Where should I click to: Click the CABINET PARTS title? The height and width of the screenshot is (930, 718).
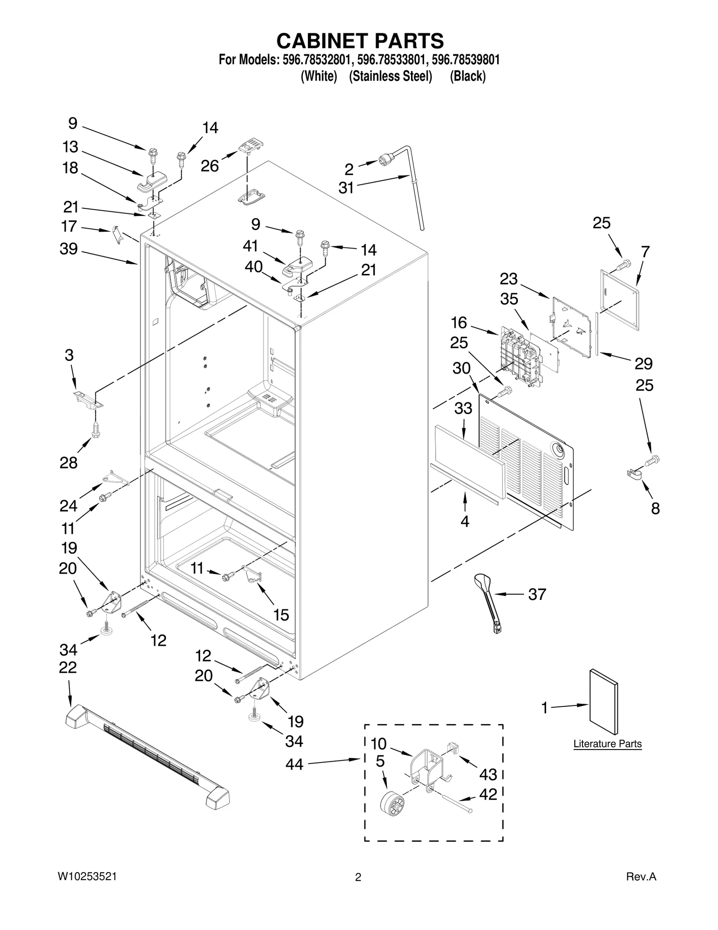pyautogui.click(x=360, y=41)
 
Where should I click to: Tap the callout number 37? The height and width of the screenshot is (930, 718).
pyautogui.click(x=537, y=594)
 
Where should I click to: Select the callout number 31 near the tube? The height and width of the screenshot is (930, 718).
pyautogui.click(x=346, y=188)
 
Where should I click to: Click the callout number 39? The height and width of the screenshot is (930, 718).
pyautogui.click(x=69, y=249)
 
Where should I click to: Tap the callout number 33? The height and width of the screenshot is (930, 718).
pyautogui.click(x=463, y=408)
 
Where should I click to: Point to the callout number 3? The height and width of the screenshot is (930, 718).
pyautogui.click(x=69, y=355)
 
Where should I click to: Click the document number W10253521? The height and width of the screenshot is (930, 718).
pyautogui.click(x=87, y=876)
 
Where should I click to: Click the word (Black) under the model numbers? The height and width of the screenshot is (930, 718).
pyautogui.click(x=468, y=76)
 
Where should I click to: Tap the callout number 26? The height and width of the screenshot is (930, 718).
pyautogui.click(x=210, y=166)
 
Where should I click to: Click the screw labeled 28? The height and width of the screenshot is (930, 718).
pyautogui.click(x=95, y=430)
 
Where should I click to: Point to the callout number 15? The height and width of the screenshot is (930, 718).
pyautogui.click(x=281, y=615)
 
